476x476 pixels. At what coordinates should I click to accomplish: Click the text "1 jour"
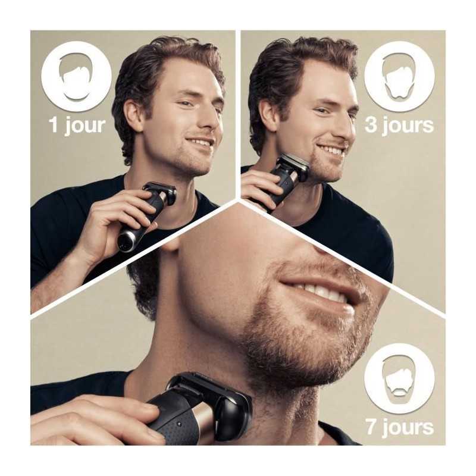(77, 126)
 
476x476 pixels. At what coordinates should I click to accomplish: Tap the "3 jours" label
(399, 126)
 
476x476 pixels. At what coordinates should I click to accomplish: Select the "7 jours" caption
(400, 427)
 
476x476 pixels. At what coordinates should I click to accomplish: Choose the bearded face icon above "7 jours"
(399, 378)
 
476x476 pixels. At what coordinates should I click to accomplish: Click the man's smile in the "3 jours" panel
(331, 151)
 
